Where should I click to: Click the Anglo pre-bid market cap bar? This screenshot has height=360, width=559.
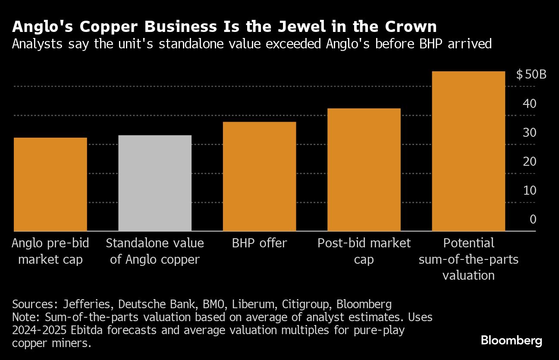50,184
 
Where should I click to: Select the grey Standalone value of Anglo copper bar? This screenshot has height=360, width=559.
155,183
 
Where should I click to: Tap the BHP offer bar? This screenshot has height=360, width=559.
259,177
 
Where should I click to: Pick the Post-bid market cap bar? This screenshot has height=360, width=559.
364,170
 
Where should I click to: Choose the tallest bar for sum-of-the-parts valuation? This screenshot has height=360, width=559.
468,151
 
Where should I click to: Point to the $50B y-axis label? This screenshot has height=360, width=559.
531,75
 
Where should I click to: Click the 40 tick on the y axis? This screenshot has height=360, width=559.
530,104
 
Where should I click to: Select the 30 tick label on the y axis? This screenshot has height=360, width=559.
530,133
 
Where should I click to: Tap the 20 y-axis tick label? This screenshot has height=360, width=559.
530,161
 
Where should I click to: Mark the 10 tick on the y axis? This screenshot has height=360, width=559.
530,190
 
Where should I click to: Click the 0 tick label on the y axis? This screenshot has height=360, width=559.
533,219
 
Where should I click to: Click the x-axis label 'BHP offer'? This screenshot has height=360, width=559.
259,243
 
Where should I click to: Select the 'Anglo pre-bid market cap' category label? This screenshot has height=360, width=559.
50,251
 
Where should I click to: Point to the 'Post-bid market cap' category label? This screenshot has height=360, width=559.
364,251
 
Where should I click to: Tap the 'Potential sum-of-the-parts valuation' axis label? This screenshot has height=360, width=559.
468,259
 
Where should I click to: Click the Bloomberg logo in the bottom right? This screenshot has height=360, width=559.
512,341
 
